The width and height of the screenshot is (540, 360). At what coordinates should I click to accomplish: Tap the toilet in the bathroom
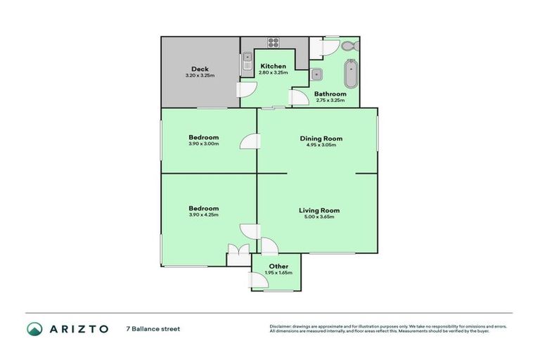click(x=349, y=46)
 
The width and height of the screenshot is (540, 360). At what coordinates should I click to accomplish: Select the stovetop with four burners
click(x=273, y=42)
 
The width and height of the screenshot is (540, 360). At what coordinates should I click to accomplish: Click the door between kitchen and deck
click(x=247, y=89)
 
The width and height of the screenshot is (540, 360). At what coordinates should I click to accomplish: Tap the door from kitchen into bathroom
click(x=298, y=98)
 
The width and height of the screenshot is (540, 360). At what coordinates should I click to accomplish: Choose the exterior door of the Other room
click(x=259, y=281)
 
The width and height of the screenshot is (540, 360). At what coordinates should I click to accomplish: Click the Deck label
click(x=200, y=69)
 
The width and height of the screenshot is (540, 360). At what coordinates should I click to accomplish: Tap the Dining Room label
click(x=321, y=139)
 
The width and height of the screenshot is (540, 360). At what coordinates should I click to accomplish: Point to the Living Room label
click(x=319, y=210)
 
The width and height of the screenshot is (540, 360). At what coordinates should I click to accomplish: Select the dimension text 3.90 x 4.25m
click(x=203, y=215)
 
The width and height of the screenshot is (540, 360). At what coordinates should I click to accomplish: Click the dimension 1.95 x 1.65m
click(x=278, y=272)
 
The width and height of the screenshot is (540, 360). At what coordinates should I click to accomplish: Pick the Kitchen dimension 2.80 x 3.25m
click(x=273, y=72)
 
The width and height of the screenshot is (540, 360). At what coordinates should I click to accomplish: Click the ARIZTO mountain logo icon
click(x=34, y=328)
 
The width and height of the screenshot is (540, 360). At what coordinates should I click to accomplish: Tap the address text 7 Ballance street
click(x=153, y=328)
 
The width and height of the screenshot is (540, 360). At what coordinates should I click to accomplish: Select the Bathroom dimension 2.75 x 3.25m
click(x=330, y=100)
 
